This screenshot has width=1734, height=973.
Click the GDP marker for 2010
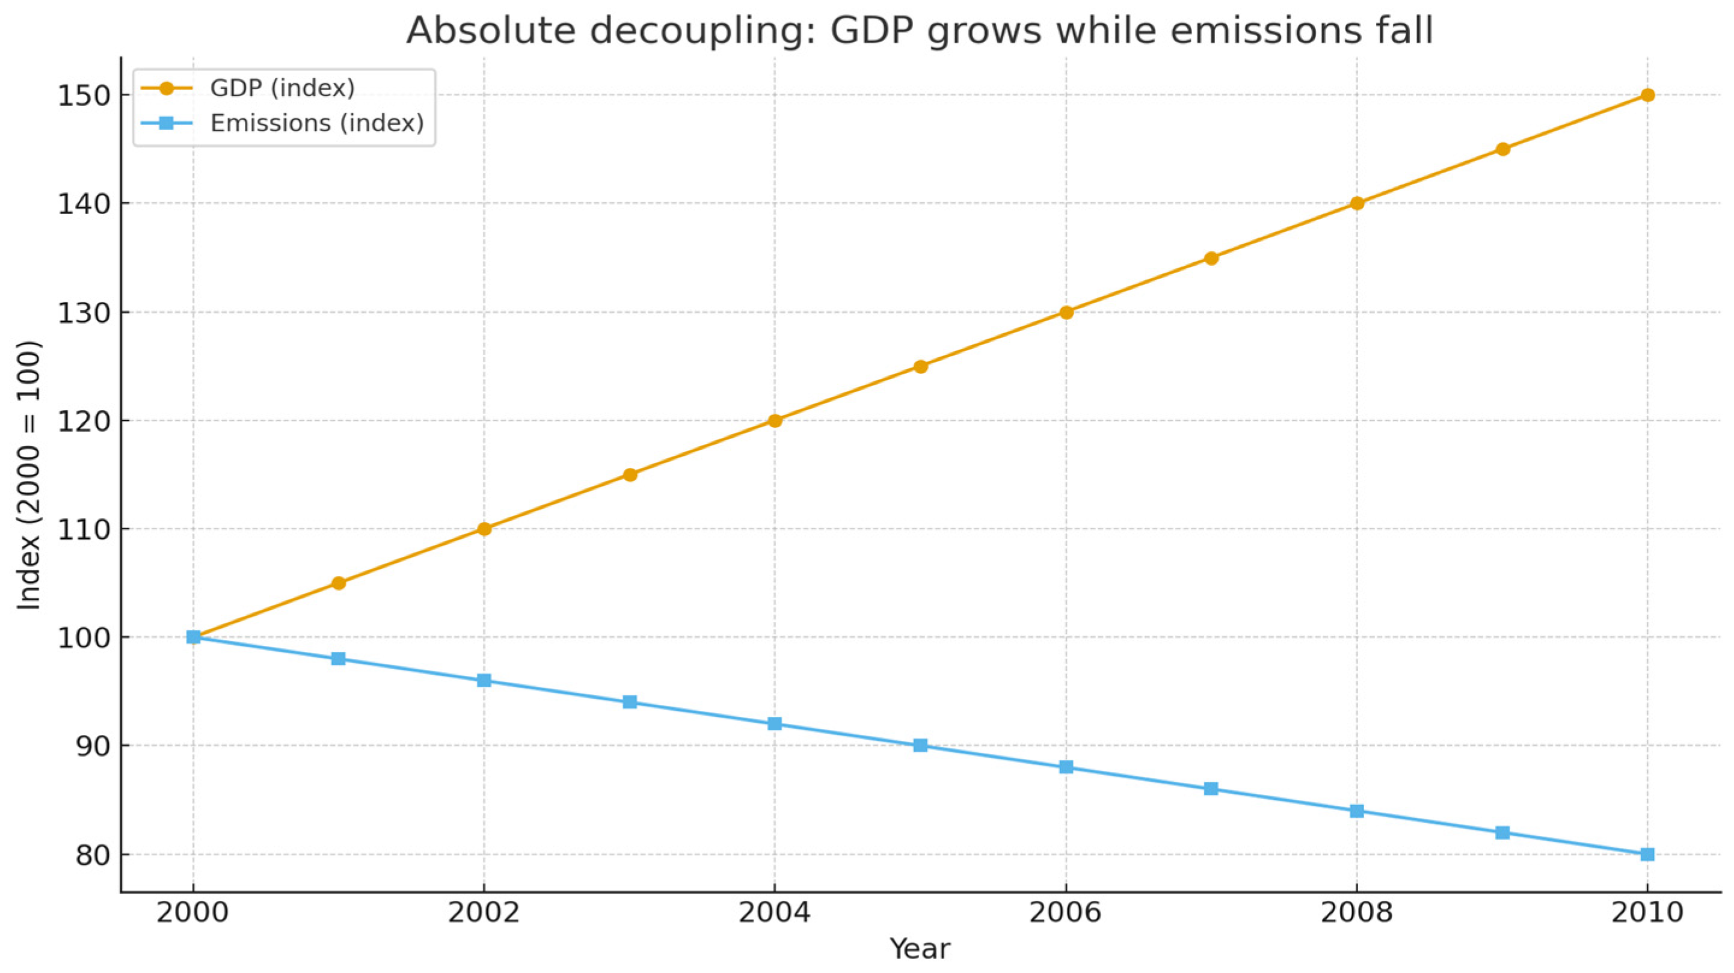1647,95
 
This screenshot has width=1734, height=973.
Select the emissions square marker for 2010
1647,855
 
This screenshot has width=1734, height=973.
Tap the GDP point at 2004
775,420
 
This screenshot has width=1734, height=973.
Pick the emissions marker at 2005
920,746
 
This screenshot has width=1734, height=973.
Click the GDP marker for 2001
339,583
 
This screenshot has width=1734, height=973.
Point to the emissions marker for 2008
1356,811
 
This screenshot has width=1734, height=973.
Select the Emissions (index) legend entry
316,123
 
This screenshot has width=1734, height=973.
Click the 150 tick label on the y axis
84,96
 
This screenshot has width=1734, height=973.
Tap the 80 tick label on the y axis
92,855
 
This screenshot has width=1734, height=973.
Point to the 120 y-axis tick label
84,421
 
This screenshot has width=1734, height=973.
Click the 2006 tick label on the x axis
1066,913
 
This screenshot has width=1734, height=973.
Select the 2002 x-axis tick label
484,913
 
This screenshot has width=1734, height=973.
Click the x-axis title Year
920,950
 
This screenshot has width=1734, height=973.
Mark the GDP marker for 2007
1211,258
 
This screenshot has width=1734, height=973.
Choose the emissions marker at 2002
484,680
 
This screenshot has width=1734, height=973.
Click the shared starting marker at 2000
193,637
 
